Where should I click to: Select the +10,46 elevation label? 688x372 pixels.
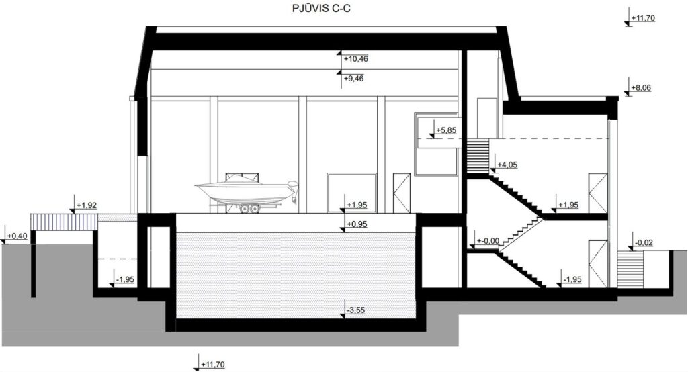(x=355, y=59)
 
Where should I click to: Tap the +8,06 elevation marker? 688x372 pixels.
(x=643, y=88)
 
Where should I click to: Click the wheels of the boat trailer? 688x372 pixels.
(x=249, y=210)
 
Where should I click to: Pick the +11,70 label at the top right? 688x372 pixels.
(x=642, y=18)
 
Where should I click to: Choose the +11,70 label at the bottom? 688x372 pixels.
(x=213, y=365)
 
